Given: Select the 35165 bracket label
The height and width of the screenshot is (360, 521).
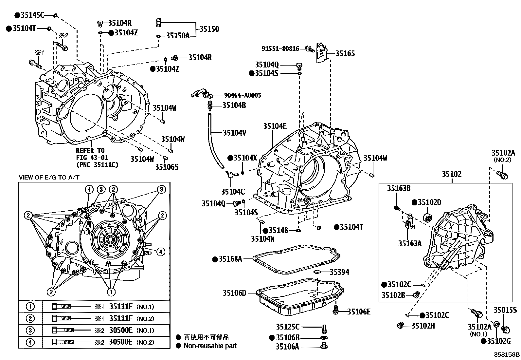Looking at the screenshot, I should coord(345,53).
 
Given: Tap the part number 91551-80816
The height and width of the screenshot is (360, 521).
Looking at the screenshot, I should coord(280,49).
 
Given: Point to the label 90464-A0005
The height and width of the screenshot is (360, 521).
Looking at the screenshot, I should coord(243,95).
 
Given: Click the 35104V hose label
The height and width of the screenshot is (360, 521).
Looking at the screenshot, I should coord(234,133).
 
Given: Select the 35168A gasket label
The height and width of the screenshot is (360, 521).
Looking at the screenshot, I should coord(230,259).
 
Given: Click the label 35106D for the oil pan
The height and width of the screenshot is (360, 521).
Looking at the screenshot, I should coord(234,293).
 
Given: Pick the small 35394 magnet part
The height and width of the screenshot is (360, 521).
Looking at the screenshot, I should coord(316,271).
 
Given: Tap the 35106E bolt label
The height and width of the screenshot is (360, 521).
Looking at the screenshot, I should coord(359,312).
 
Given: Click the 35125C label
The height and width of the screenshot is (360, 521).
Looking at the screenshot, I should coord(287,327).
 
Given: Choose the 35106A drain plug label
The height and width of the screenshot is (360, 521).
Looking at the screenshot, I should coord(287,347).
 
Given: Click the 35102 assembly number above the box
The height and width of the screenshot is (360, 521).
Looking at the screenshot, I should coord(452,174).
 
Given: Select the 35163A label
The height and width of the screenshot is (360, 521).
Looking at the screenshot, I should coord(409,243).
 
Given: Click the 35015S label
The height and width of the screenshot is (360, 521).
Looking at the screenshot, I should coord(505,310).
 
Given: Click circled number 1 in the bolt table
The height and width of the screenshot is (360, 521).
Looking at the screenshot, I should coord(30,307).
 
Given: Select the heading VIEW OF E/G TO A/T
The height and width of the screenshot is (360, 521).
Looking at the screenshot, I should coord(49,178).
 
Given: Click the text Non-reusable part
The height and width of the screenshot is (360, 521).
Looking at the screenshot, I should coord(210,346).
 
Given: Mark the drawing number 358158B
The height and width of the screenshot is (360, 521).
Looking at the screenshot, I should coord(507,355).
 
